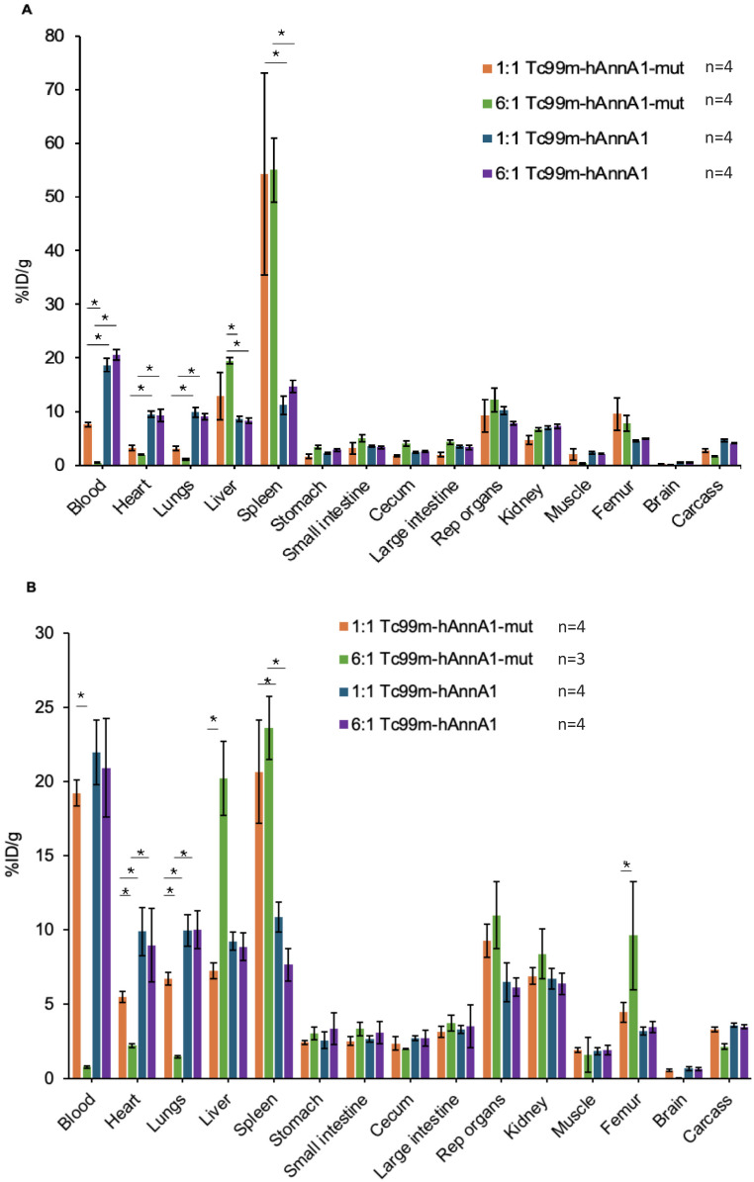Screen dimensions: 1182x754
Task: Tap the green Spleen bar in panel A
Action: tap(275, 317)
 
